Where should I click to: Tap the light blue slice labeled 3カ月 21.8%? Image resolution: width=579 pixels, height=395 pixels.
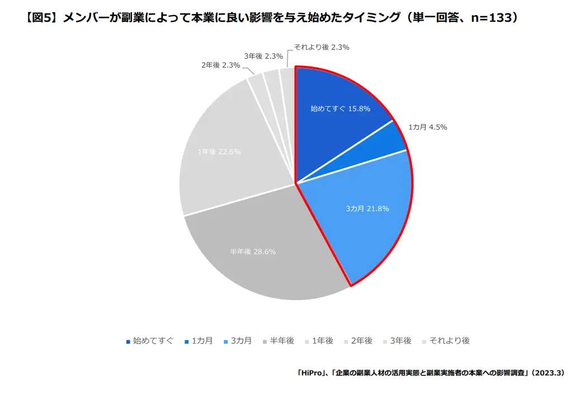pos(366,215)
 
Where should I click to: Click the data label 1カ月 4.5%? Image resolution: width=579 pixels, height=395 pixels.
pos(427,127)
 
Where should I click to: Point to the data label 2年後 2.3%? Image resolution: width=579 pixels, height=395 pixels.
pos(220,65)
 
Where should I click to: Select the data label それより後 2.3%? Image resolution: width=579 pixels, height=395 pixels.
pos(321,47)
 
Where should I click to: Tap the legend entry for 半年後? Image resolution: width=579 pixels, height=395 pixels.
pos(281,340)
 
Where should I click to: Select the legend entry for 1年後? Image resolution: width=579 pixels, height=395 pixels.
pos(322,340)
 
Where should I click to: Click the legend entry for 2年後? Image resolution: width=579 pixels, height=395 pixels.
pos(361,340)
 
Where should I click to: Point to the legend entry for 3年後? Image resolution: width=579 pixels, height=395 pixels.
pos(401,340)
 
